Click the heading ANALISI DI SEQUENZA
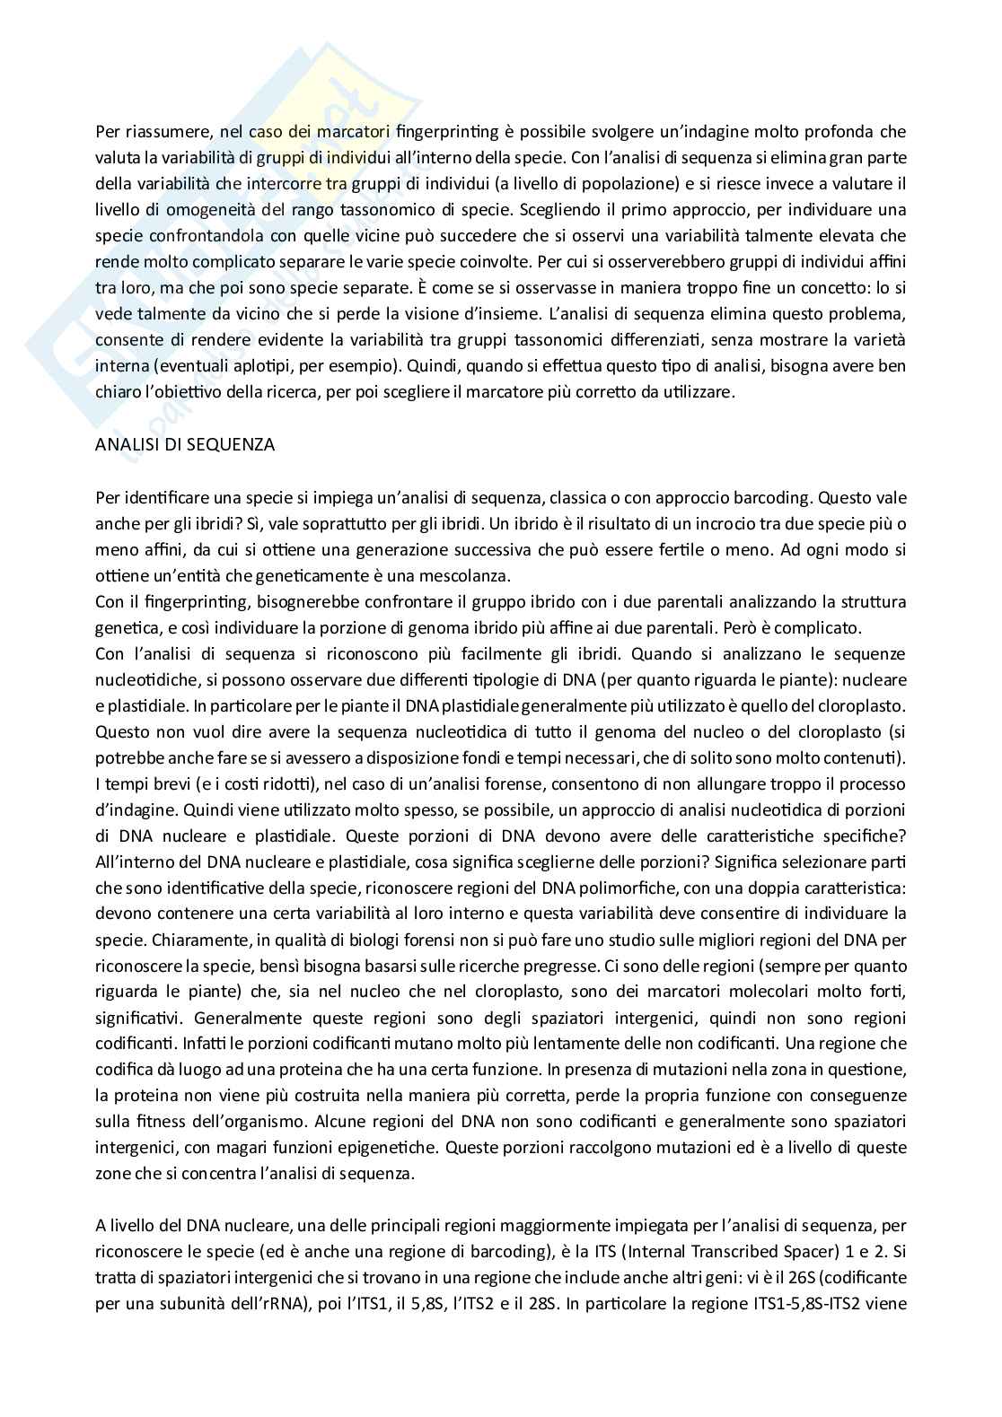click(185, 444)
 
